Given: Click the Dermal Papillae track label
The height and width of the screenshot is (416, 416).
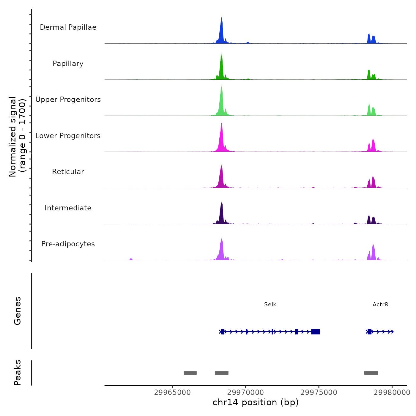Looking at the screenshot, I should tap(68, 27).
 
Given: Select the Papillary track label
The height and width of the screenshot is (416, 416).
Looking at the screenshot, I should tap(68, 64).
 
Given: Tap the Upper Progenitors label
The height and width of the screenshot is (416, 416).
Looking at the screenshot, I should tap(68, 100).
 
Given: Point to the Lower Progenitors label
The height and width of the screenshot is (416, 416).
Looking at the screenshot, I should tap(68, 136).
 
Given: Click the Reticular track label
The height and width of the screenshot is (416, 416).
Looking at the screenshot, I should tap(68, 172).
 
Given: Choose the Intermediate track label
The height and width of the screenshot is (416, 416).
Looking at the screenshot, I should tap(68, 208).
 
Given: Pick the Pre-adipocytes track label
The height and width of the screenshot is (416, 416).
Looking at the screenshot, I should tap(68, 244).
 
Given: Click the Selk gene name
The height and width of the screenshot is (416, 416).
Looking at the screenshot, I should tap(270, 305).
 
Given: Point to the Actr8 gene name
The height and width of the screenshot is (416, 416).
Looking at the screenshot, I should tap(380, 305).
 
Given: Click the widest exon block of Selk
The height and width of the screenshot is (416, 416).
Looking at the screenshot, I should tap(316, 332).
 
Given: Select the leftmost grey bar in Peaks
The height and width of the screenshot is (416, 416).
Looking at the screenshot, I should tap(190, 373).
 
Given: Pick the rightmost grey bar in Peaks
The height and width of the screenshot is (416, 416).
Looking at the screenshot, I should tap(371, 373).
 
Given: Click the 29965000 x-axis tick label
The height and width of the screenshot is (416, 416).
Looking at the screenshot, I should tap(172, 393).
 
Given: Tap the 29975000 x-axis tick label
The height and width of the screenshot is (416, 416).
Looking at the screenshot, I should tap(319, 393).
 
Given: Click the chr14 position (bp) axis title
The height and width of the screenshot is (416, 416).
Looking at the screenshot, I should tap(256, 403).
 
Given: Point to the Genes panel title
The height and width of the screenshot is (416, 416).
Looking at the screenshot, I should tap(18, 311).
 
